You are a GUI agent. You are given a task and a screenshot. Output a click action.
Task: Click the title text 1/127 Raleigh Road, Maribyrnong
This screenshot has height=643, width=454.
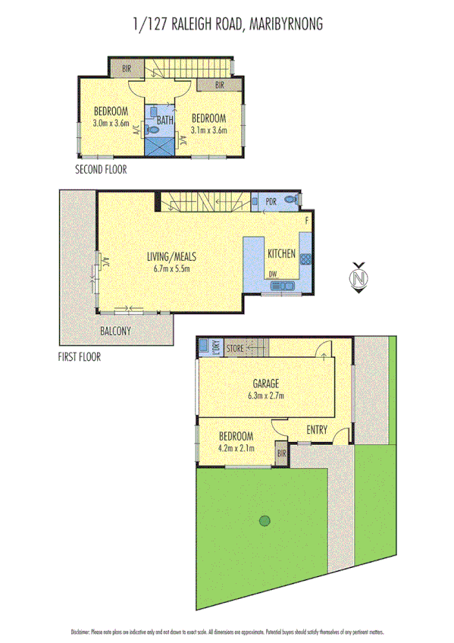(x=227, y=24)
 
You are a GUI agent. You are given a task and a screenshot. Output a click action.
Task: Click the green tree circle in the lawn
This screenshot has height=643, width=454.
(x=264, y=520)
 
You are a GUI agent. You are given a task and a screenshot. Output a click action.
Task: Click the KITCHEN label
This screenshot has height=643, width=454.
(x=281, y=254)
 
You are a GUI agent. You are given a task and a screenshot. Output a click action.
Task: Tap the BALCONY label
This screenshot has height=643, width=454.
(x=115, y=331)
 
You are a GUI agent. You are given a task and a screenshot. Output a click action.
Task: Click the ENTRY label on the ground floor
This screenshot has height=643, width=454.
(x=317, y=430)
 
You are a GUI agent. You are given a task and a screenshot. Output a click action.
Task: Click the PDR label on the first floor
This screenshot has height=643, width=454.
(x=271, y=201)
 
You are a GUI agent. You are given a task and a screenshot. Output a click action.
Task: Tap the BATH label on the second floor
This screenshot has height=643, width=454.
(x=166, y=120)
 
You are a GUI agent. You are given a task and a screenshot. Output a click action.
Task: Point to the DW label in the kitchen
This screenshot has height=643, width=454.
(x=271, y=275)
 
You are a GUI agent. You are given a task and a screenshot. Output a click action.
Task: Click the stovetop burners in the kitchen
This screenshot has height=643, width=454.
(x=305, y=259)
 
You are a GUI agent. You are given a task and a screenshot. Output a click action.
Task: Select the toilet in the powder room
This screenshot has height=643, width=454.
(x=291, y=201)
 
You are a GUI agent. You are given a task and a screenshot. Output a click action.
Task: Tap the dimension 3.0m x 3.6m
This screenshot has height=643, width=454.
(x=111, y=123)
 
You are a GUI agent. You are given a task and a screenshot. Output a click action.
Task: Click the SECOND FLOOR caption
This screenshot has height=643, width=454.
(x=101, y=170)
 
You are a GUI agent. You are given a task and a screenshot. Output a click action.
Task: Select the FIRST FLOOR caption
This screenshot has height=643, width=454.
(x=80, y=356)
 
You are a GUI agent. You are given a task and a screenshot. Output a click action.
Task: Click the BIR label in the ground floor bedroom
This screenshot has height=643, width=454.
(x=281, y=453)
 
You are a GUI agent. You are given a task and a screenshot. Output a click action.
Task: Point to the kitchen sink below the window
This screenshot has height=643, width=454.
(x=283, y=286)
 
